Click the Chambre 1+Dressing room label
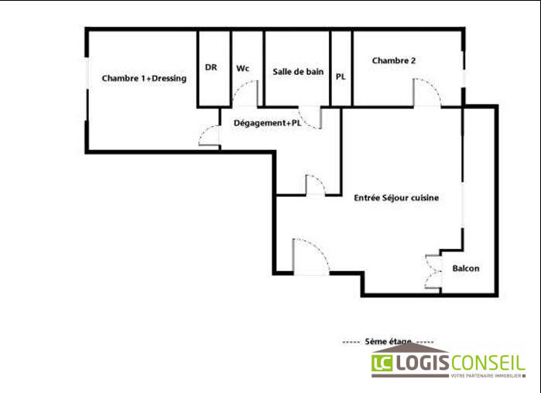pos(144,78)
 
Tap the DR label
pos(211,67)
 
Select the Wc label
pos(243,68)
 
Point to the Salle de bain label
pos(298,71)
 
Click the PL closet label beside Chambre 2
pos(341,77)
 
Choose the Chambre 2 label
pos(394,60)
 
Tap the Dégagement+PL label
pos(267,122)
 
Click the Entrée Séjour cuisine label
pos(396,198)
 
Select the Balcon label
pos(466,268)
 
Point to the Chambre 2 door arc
pos(426,92)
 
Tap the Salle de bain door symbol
pos(310,118)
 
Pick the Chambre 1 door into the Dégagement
pos(209,136)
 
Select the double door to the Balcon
pos(432,272)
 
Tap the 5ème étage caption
pos(389,341)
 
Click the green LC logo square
pos(382,362)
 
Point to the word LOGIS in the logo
pos(423,362)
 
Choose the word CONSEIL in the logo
pos(488,362)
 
